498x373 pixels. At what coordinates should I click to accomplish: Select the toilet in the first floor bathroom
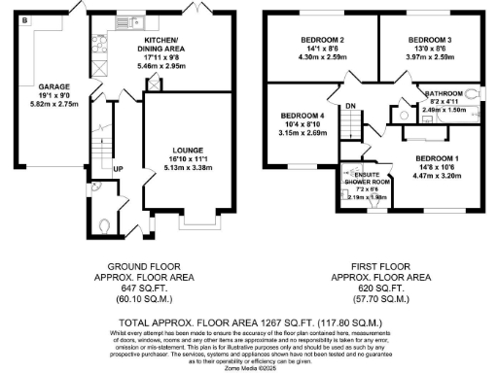coord(472,95)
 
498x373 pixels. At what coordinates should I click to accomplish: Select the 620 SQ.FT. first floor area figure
coord(379,288)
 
